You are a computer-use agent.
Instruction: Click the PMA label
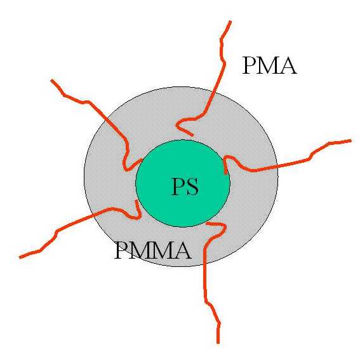(x=269, y=65)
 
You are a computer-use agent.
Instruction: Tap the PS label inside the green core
(x=185, y=187)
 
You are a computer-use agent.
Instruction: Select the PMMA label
(x=153, y=250)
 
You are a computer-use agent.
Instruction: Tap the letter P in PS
(x=178, y=187)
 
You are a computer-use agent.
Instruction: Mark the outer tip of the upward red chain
(x=230, y=22)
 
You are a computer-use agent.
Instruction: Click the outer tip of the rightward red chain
(x=350, y=140)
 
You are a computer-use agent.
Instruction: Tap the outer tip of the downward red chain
(x=218, y=343)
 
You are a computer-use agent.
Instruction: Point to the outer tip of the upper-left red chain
(x=52, y=80)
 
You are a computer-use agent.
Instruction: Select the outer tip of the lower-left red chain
(x=20, y=257)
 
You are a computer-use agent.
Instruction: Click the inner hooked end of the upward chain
(x=192, y=135)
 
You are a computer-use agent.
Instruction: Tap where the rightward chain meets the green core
(x=226, y=173)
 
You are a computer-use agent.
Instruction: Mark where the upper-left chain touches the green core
(x=141, y=160)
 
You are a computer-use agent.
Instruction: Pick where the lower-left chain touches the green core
(x=137, y=201)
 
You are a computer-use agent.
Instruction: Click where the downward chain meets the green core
(x=207, y=223)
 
